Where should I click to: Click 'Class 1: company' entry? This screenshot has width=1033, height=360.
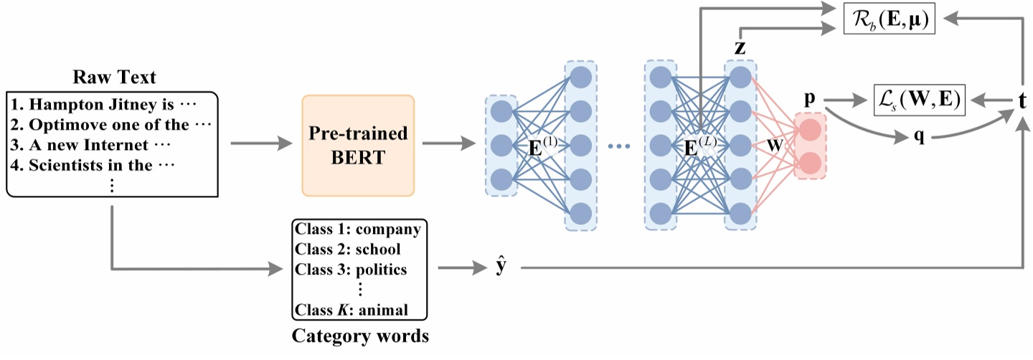click(357, 230)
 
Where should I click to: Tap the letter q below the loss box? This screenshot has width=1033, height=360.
click(918, 138)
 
